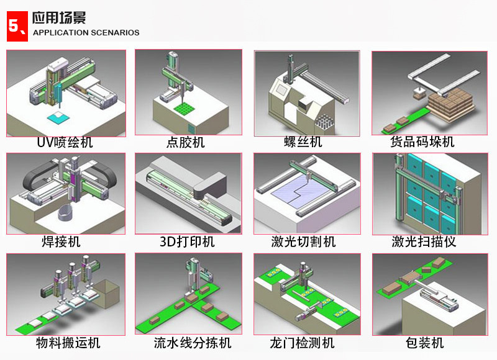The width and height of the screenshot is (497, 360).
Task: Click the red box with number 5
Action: (17, 26)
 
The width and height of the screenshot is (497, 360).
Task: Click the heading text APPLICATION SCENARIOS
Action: (86, 33)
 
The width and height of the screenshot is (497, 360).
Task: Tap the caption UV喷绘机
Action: (65, 142)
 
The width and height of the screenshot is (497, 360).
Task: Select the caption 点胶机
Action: (185, 142)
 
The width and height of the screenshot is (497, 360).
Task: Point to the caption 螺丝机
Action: (303, 142)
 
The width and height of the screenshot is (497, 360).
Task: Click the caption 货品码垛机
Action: (422, 142)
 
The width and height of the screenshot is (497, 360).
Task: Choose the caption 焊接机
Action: (61, 242)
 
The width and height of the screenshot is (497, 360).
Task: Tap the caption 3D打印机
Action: (187, 242)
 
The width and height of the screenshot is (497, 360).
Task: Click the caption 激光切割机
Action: (303, 242)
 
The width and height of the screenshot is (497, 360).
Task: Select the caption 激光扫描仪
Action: (424, 242)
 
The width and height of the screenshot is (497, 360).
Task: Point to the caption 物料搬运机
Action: (68, 343)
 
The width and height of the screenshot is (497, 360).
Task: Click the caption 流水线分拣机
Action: (193, 343)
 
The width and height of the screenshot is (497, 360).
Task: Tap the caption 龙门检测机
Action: (302, 343)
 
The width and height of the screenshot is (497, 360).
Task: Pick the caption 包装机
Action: (425, 343)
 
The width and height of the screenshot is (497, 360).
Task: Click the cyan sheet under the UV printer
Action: (58, 117)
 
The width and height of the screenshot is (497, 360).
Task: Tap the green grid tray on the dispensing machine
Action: (184, 108)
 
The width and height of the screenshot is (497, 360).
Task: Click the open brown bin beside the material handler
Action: (107, 294)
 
